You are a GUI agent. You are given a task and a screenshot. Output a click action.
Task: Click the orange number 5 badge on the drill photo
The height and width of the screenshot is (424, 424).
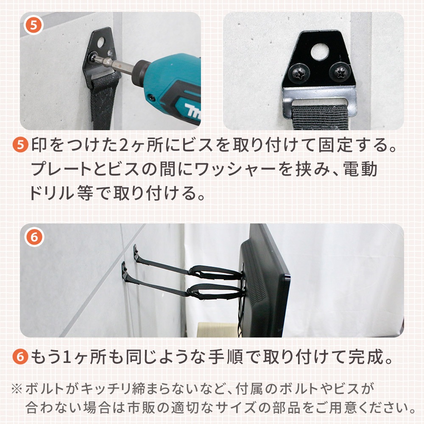click(x=33, y=25)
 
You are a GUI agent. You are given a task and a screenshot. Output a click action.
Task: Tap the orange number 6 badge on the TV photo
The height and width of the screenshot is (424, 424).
click(x=34, y=237)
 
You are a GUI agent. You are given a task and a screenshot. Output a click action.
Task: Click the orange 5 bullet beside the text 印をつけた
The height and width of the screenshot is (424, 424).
click(x=20, y=145)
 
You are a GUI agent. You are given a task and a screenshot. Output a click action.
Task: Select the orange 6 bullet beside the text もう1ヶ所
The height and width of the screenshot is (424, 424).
click(x=20, y=357)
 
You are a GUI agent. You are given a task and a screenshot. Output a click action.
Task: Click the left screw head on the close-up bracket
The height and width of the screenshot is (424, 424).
click(x=298, y=73)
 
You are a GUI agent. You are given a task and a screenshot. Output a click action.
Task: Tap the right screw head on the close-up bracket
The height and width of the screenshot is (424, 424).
click(x=339, y=73)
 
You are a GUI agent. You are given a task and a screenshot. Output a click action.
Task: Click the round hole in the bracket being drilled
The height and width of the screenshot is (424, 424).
click(x=100, y=42)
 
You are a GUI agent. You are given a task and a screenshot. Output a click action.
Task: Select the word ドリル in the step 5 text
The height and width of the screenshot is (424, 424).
click(x=51, y=193)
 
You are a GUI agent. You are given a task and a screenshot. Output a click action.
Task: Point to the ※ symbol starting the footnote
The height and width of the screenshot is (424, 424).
click(x=17, y=389)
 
